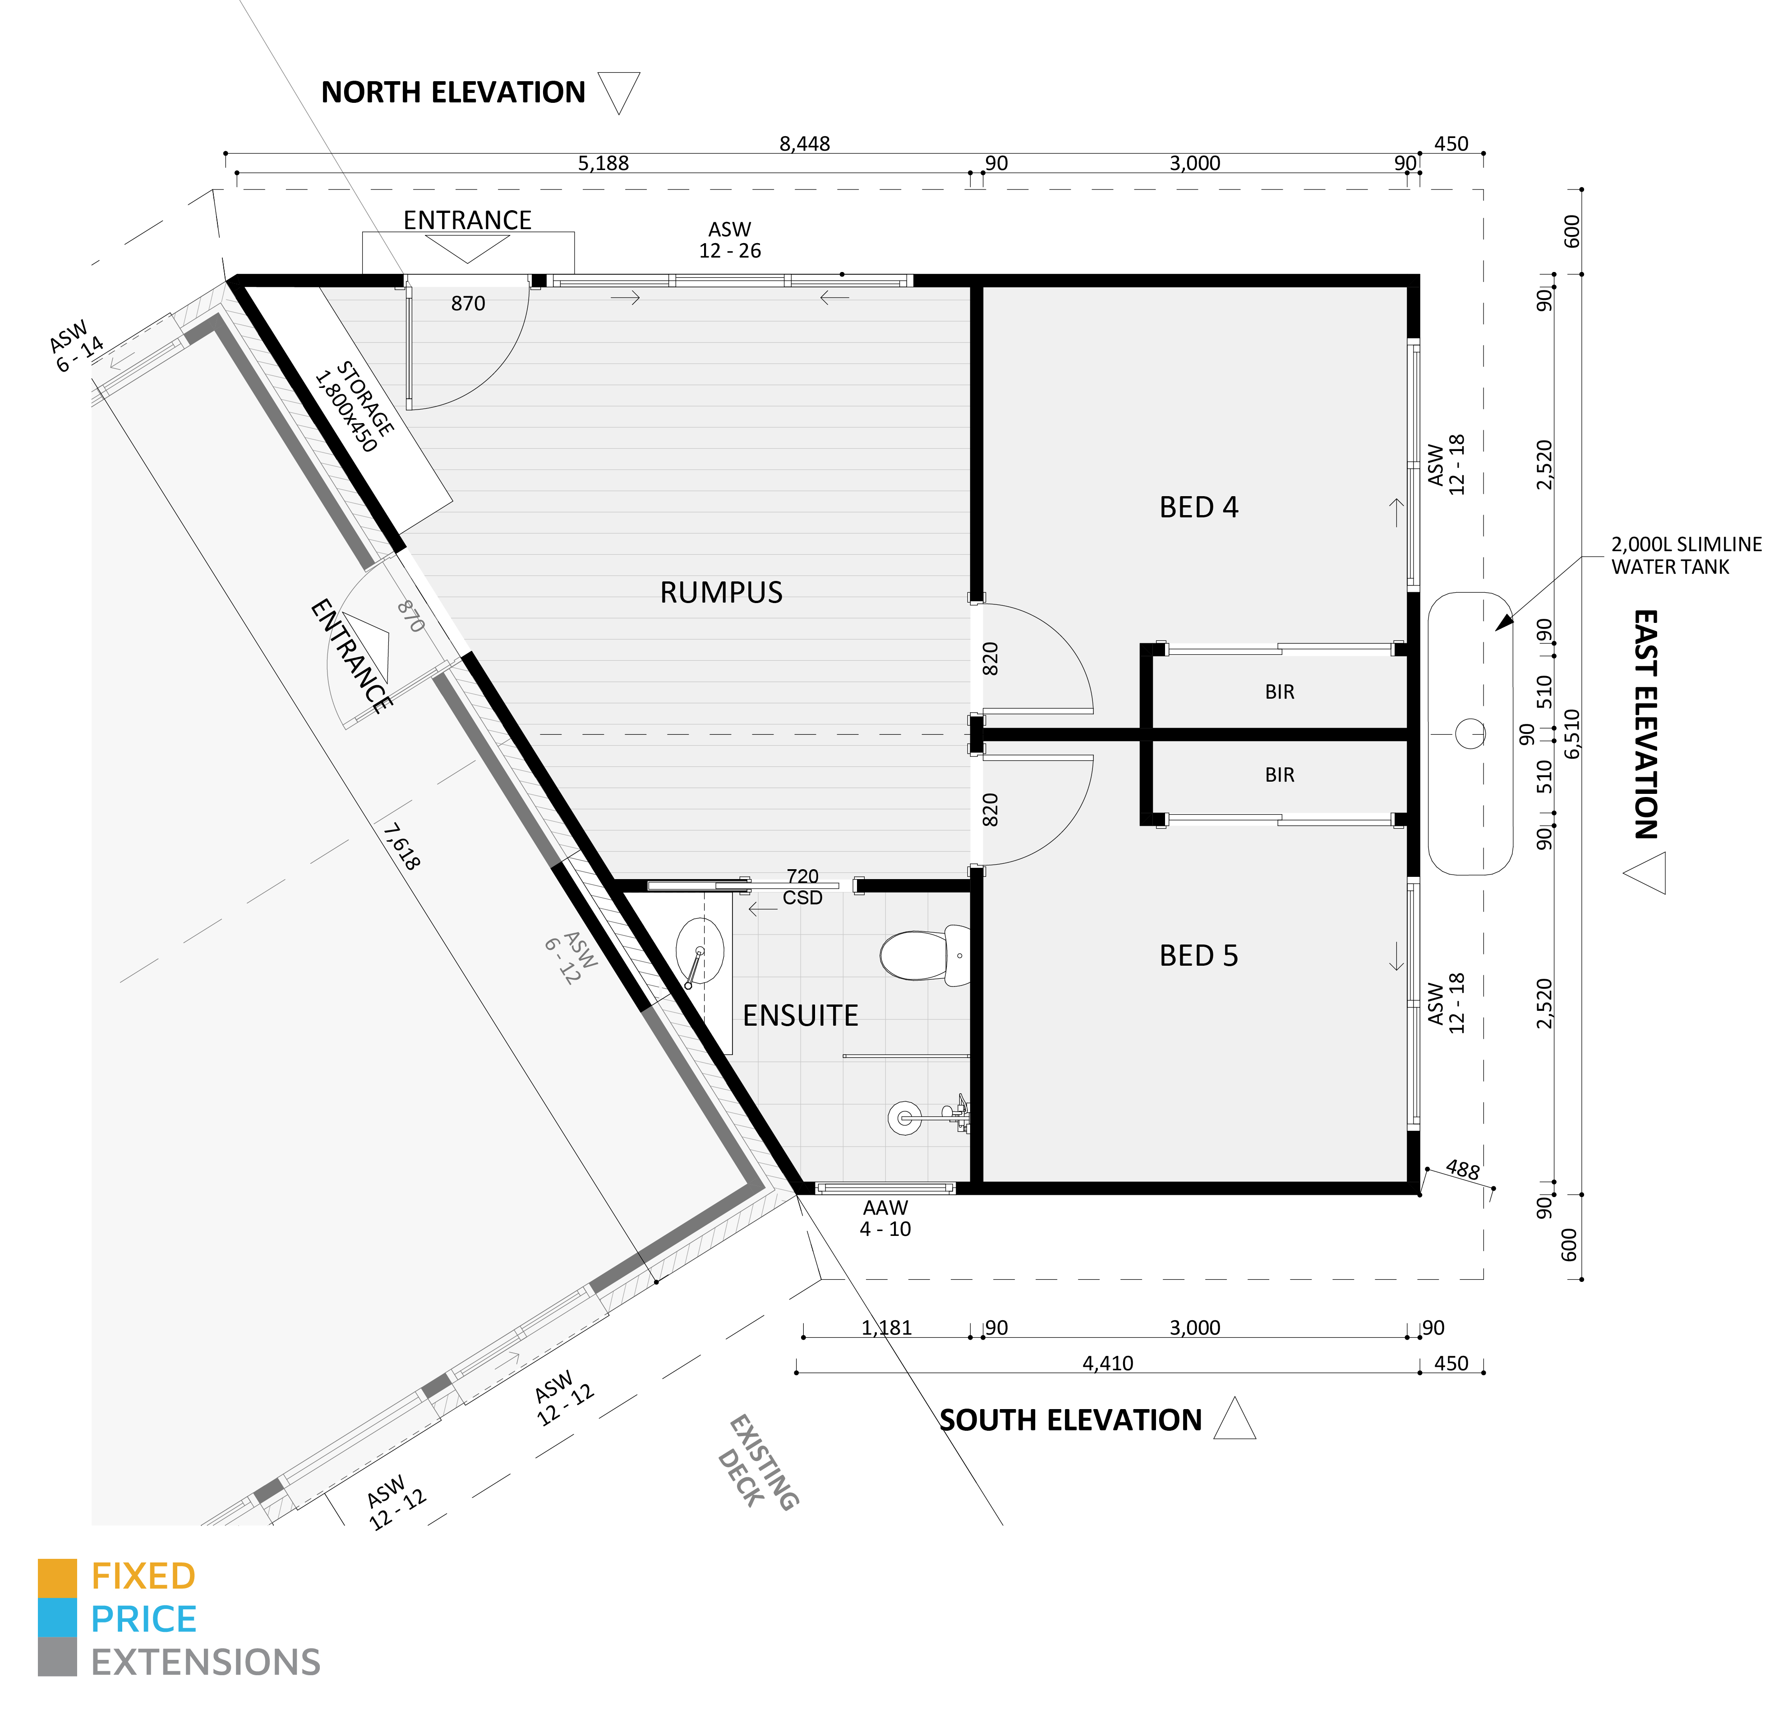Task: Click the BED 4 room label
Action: (1198, 507)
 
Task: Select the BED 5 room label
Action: (1198, 956)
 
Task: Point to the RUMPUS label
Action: (721, 592)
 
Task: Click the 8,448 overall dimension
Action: (804, 143)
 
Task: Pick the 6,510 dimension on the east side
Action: (1572, 734)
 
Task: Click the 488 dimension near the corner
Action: (1462, 1170)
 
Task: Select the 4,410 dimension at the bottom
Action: (1108, 1363)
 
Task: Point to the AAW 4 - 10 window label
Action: (884, 1218)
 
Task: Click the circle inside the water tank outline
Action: (1470, 734)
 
